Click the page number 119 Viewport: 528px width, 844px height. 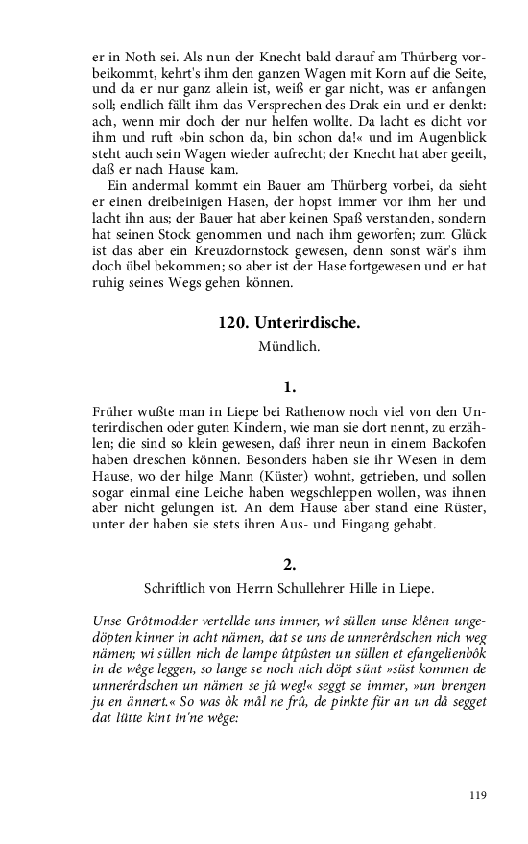[x=478, y=795]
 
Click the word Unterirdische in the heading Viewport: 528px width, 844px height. [x=306, y=323]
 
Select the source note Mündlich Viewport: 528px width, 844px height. [x=289, y=346]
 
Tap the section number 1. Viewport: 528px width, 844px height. [x=289, y=388]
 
